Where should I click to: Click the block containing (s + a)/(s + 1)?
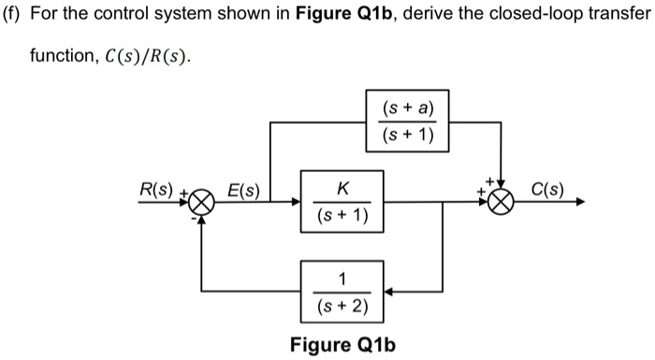(407, 122)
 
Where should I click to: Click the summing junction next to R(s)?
(203, 201)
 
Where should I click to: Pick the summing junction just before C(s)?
(504, 201)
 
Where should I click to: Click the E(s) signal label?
(245, 190)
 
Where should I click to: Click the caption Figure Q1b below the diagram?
(342, 345)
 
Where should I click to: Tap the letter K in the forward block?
(343, 188)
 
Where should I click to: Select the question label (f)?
(13, 20)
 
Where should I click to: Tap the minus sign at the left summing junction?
(195, 219)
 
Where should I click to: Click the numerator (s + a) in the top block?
(407, 109)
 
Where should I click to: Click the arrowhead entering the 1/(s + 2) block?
(392, 292)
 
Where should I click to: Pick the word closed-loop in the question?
(519, 20)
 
